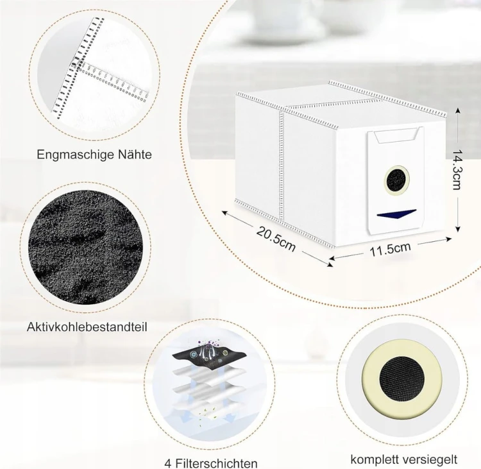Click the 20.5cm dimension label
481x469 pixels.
tap(276, 239)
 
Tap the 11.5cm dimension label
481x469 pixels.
tap(390, 249)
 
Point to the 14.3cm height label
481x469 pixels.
tap(457, 170)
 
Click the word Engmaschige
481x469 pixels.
tap(76, 155)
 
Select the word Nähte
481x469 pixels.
tap(135, 154)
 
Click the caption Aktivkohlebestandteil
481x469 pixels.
tap(87, 327)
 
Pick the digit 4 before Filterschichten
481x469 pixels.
tap(168, 463)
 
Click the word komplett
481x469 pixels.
tap(375, 460)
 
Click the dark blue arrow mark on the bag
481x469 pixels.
tap(396, 214)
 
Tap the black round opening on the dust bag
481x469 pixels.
tap(397, 181)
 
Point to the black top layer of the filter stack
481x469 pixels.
tap(209, 357)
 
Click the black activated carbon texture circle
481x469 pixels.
tap(86, 248)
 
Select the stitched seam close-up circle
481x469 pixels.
tap(94, 75)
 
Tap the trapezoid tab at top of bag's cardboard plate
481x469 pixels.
tap(397, 135)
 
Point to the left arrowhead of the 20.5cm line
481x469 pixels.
tap(224, 213)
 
